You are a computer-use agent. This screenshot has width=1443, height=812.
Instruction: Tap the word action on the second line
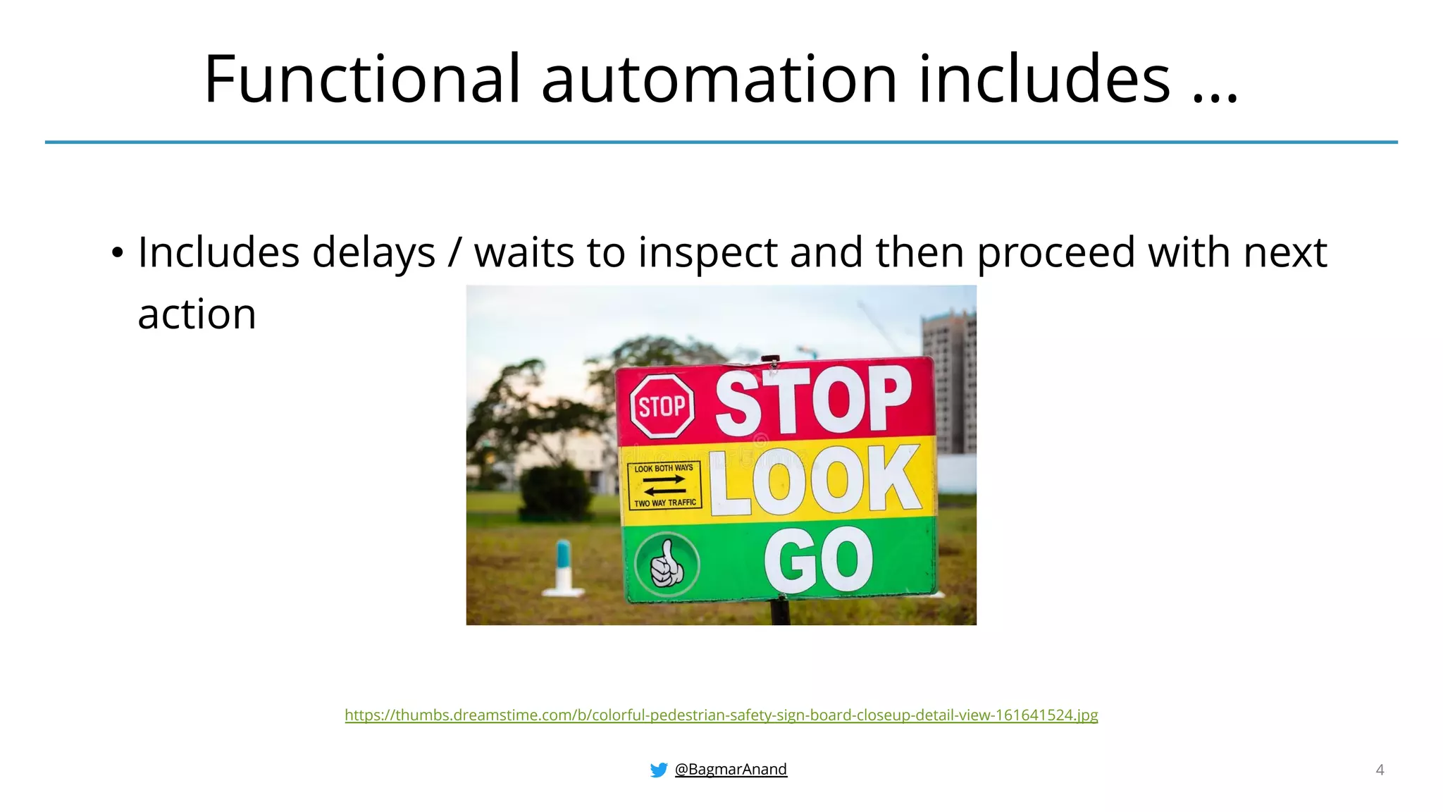coord(197,314)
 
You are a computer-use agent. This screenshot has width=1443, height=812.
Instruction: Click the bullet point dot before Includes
coord(117,252)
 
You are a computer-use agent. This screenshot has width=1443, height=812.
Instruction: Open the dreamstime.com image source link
coord(721,715)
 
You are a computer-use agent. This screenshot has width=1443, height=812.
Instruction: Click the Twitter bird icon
coord(659,770)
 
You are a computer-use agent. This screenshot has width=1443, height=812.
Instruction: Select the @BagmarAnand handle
coord(731,769)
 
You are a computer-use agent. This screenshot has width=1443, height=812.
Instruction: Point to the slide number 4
coord(1380,770)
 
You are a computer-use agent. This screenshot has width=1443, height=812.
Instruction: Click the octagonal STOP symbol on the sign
coord(662,406)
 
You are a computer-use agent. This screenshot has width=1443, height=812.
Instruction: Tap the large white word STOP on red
coord(814,400)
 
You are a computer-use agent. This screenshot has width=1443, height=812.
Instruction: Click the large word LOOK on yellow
coord(815,481)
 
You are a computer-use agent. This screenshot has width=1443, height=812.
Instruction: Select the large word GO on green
coord(818,560)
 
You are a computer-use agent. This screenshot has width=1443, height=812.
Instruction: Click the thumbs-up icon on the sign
coord(666,564)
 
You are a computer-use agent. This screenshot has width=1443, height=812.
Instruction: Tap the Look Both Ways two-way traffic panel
coord(664,486)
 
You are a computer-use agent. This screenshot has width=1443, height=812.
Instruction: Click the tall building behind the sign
coord(950,381)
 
